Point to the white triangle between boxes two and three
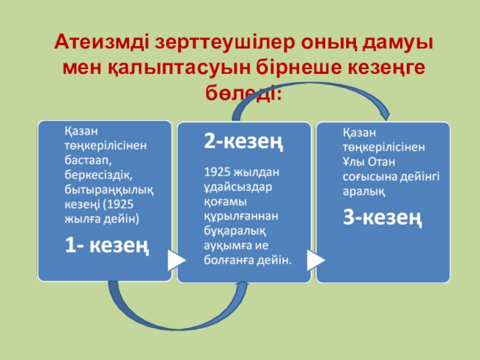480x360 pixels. [x=315, y=260]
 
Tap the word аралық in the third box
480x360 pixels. [x=364, y=191]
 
